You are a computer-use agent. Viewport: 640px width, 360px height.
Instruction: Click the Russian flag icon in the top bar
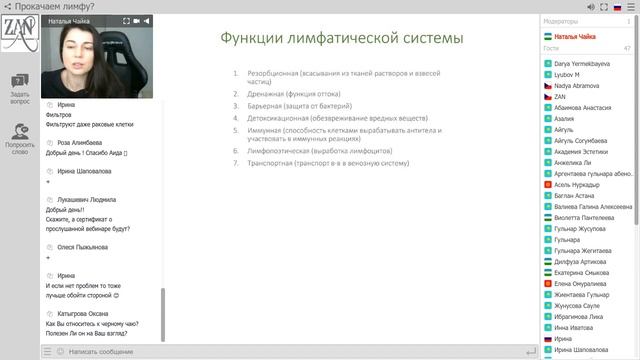617,6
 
